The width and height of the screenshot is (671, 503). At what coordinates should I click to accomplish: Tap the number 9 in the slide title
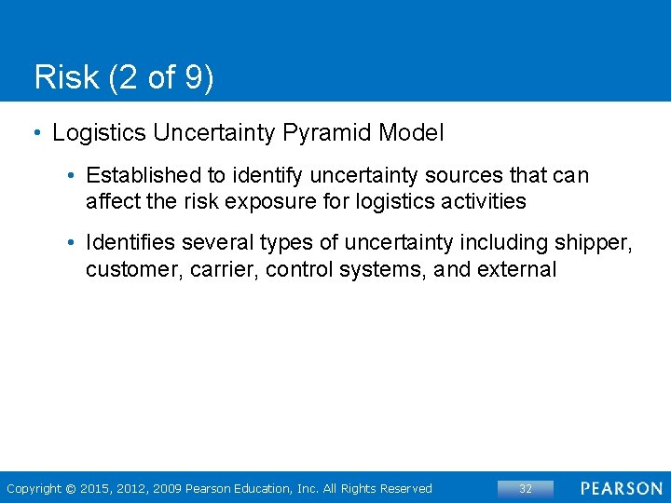(194, 77)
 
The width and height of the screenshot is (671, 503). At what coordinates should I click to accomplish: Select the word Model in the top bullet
(411, 133)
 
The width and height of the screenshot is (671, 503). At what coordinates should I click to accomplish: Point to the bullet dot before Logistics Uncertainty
(35, 133)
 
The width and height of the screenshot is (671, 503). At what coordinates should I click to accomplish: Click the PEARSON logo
(622, 488)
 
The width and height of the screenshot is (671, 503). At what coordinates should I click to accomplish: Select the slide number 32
(526, 488)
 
